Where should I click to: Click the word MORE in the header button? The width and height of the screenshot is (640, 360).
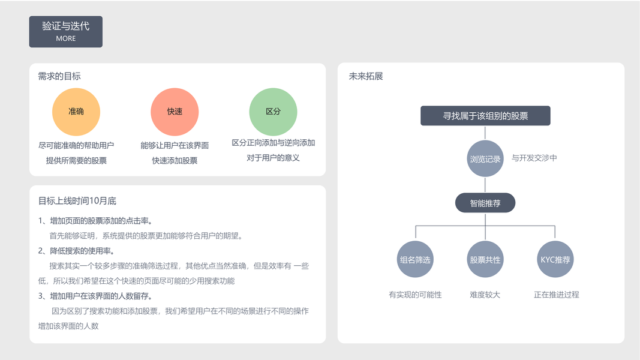click(x=66, y=38)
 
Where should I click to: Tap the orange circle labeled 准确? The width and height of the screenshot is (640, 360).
click(x=76, y=112)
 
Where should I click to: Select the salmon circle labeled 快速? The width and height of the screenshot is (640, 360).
click(x=175, y=112)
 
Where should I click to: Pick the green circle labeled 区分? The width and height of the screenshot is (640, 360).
click(x=273, y=112)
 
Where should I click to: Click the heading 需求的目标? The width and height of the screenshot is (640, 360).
click(x=59, y=76)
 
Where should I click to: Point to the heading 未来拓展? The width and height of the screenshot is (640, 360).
click(x=366, y=76)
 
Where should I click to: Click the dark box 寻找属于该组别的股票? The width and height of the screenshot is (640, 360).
click(x=485, y=116)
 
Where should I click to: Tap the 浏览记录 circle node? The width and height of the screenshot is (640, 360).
click(x=485, y=159)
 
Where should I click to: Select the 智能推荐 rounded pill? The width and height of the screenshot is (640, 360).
click(x=485, y=203)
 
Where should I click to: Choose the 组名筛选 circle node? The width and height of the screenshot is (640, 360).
click(x=415, y=260)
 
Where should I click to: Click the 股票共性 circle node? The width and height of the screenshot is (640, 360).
click(x=485, y=260)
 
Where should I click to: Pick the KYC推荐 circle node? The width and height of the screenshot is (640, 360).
click(x=555, y=260)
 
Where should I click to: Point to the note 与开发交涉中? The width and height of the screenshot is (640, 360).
click(x=534, y=158)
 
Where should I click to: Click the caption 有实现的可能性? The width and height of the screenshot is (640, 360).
click(x=415, y=295)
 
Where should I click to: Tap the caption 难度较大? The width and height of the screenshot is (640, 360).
click(x=485, y=295)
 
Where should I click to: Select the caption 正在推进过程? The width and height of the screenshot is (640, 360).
click(x=556, y=295)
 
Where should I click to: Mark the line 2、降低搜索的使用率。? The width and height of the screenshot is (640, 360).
click(x=77, y=251)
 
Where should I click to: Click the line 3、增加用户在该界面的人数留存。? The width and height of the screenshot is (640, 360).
click(x=95, y=296)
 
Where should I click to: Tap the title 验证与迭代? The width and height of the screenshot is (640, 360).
click(x=66, y=26)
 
